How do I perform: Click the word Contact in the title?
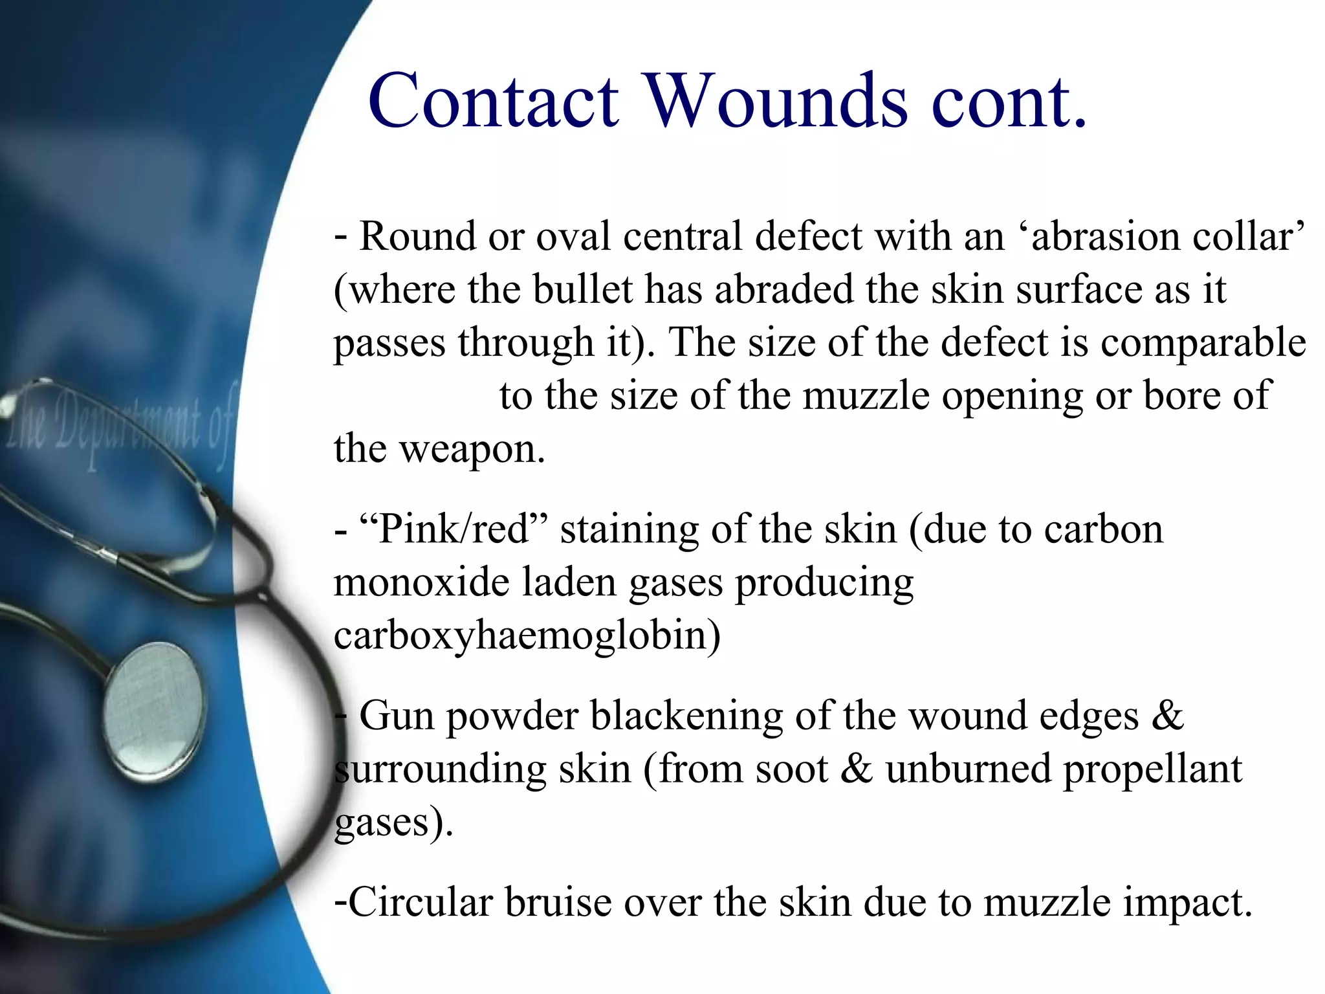click(493, 102)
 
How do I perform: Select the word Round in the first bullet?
click(417, 236)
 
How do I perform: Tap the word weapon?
click(472, 449)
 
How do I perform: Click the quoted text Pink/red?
click(453, 529)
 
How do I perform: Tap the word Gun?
click(396, 716)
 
